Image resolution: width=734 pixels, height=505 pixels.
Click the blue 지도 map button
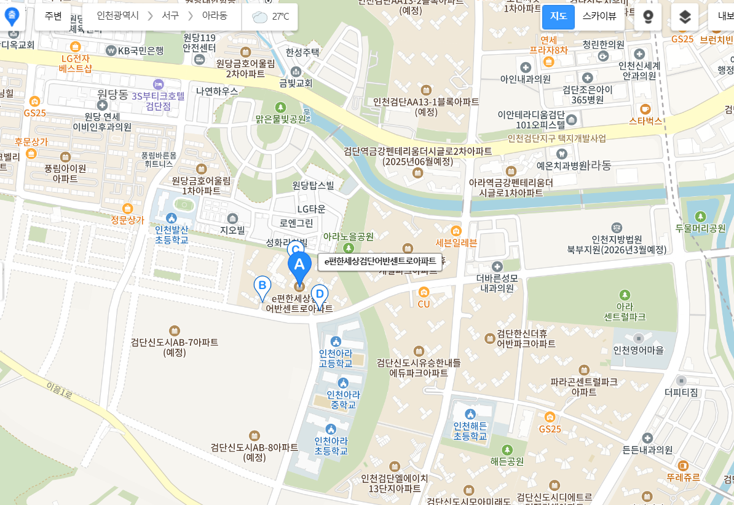[x=558, y=17]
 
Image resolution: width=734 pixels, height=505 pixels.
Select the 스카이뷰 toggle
[x=599, y=17]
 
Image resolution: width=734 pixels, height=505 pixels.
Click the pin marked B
[x=262, y=287]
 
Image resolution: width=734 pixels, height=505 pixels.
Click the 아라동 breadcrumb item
[x=215, y=16]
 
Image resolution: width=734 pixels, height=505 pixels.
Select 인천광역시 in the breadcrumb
[x=118, y=16]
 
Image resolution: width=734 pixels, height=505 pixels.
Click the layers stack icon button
[x=685, y=17]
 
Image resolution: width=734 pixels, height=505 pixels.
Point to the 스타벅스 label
[x=645, y=121]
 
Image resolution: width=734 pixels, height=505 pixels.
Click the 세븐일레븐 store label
[x=456, y=242]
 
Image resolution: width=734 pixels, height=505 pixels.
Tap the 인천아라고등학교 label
[x=336, y=358]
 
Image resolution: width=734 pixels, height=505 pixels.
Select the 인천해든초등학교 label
[x=470, y=431]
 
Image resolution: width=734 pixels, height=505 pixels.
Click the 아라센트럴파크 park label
[x=625, y=311]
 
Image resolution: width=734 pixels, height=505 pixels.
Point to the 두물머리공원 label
[x=700, y=228]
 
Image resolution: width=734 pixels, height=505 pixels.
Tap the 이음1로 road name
[x=60, y=389]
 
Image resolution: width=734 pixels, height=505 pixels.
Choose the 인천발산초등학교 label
[x=172, y=234]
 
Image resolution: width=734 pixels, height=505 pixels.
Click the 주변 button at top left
[x=53, y=16]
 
